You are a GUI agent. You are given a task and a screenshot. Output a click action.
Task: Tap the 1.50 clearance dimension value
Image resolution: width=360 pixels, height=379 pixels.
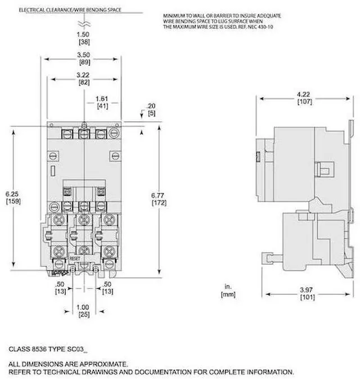(83, 35)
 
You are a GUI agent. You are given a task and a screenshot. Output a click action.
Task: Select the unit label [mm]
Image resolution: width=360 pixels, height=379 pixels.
(229, 295)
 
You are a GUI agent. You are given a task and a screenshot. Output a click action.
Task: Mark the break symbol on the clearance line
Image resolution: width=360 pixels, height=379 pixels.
(83, 24)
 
